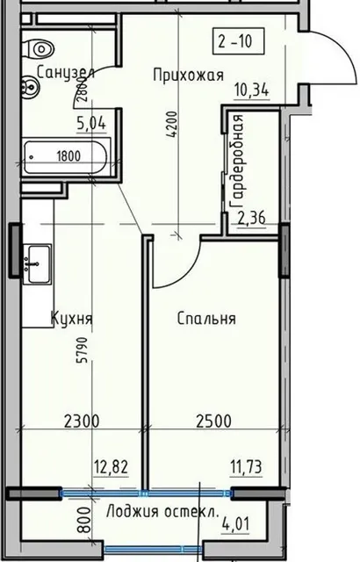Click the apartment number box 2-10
[x=238, y=41]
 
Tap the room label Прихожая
[x=189, y=76]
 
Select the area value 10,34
[x=252, y=90]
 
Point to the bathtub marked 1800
[x=66, y=157]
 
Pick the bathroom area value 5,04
[x=91, y=123]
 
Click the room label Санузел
[x=66, y=72]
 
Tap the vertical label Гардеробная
[x=238, y=161]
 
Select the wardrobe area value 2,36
[x=252, y=218]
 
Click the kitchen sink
[x=37, y=264]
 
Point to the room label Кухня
[x=72, y=318]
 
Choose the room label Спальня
[x=206, y=318]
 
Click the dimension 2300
[x=82, y=421]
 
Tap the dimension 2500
[x=214, y=421]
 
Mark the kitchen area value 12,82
[x=111, y=467]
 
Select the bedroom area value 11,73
[x=247, y=467]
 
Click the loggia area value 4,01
[x=235, y=525]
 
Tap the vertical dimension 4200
[x=172, y=126]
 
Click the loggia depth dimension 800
[x=84, y=520]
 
